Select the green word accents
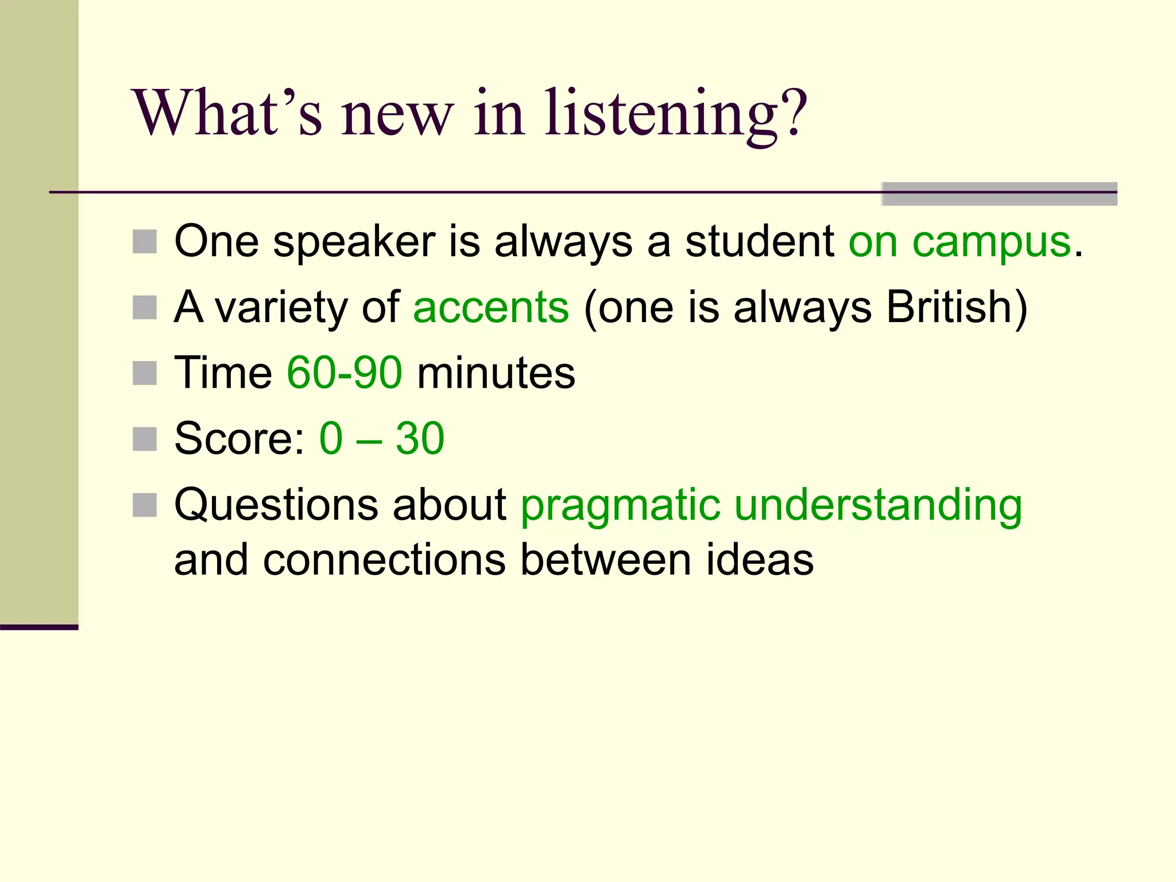491,307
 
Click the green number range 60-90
345,373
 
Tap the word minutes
496,373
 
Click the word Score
239,439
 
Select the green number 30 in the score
420,439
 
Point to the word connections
384,560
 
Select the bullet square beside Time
145,373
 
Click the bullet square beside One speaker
145,242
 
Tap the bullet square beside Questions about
145,505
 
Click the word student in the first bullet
759,242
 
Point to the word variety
281,307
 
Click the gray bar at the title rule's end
999,194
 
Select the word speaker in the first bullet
354,242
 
